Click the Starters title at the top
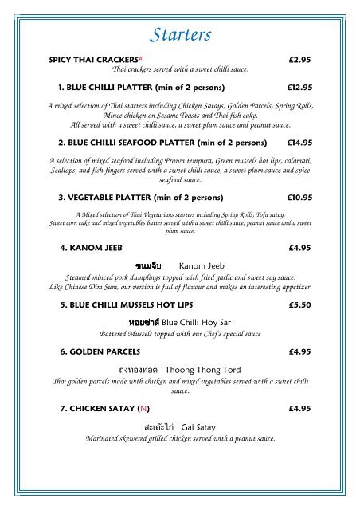[x=180, y=34]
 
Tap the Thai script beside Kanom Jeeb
[x=149, y=264]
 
